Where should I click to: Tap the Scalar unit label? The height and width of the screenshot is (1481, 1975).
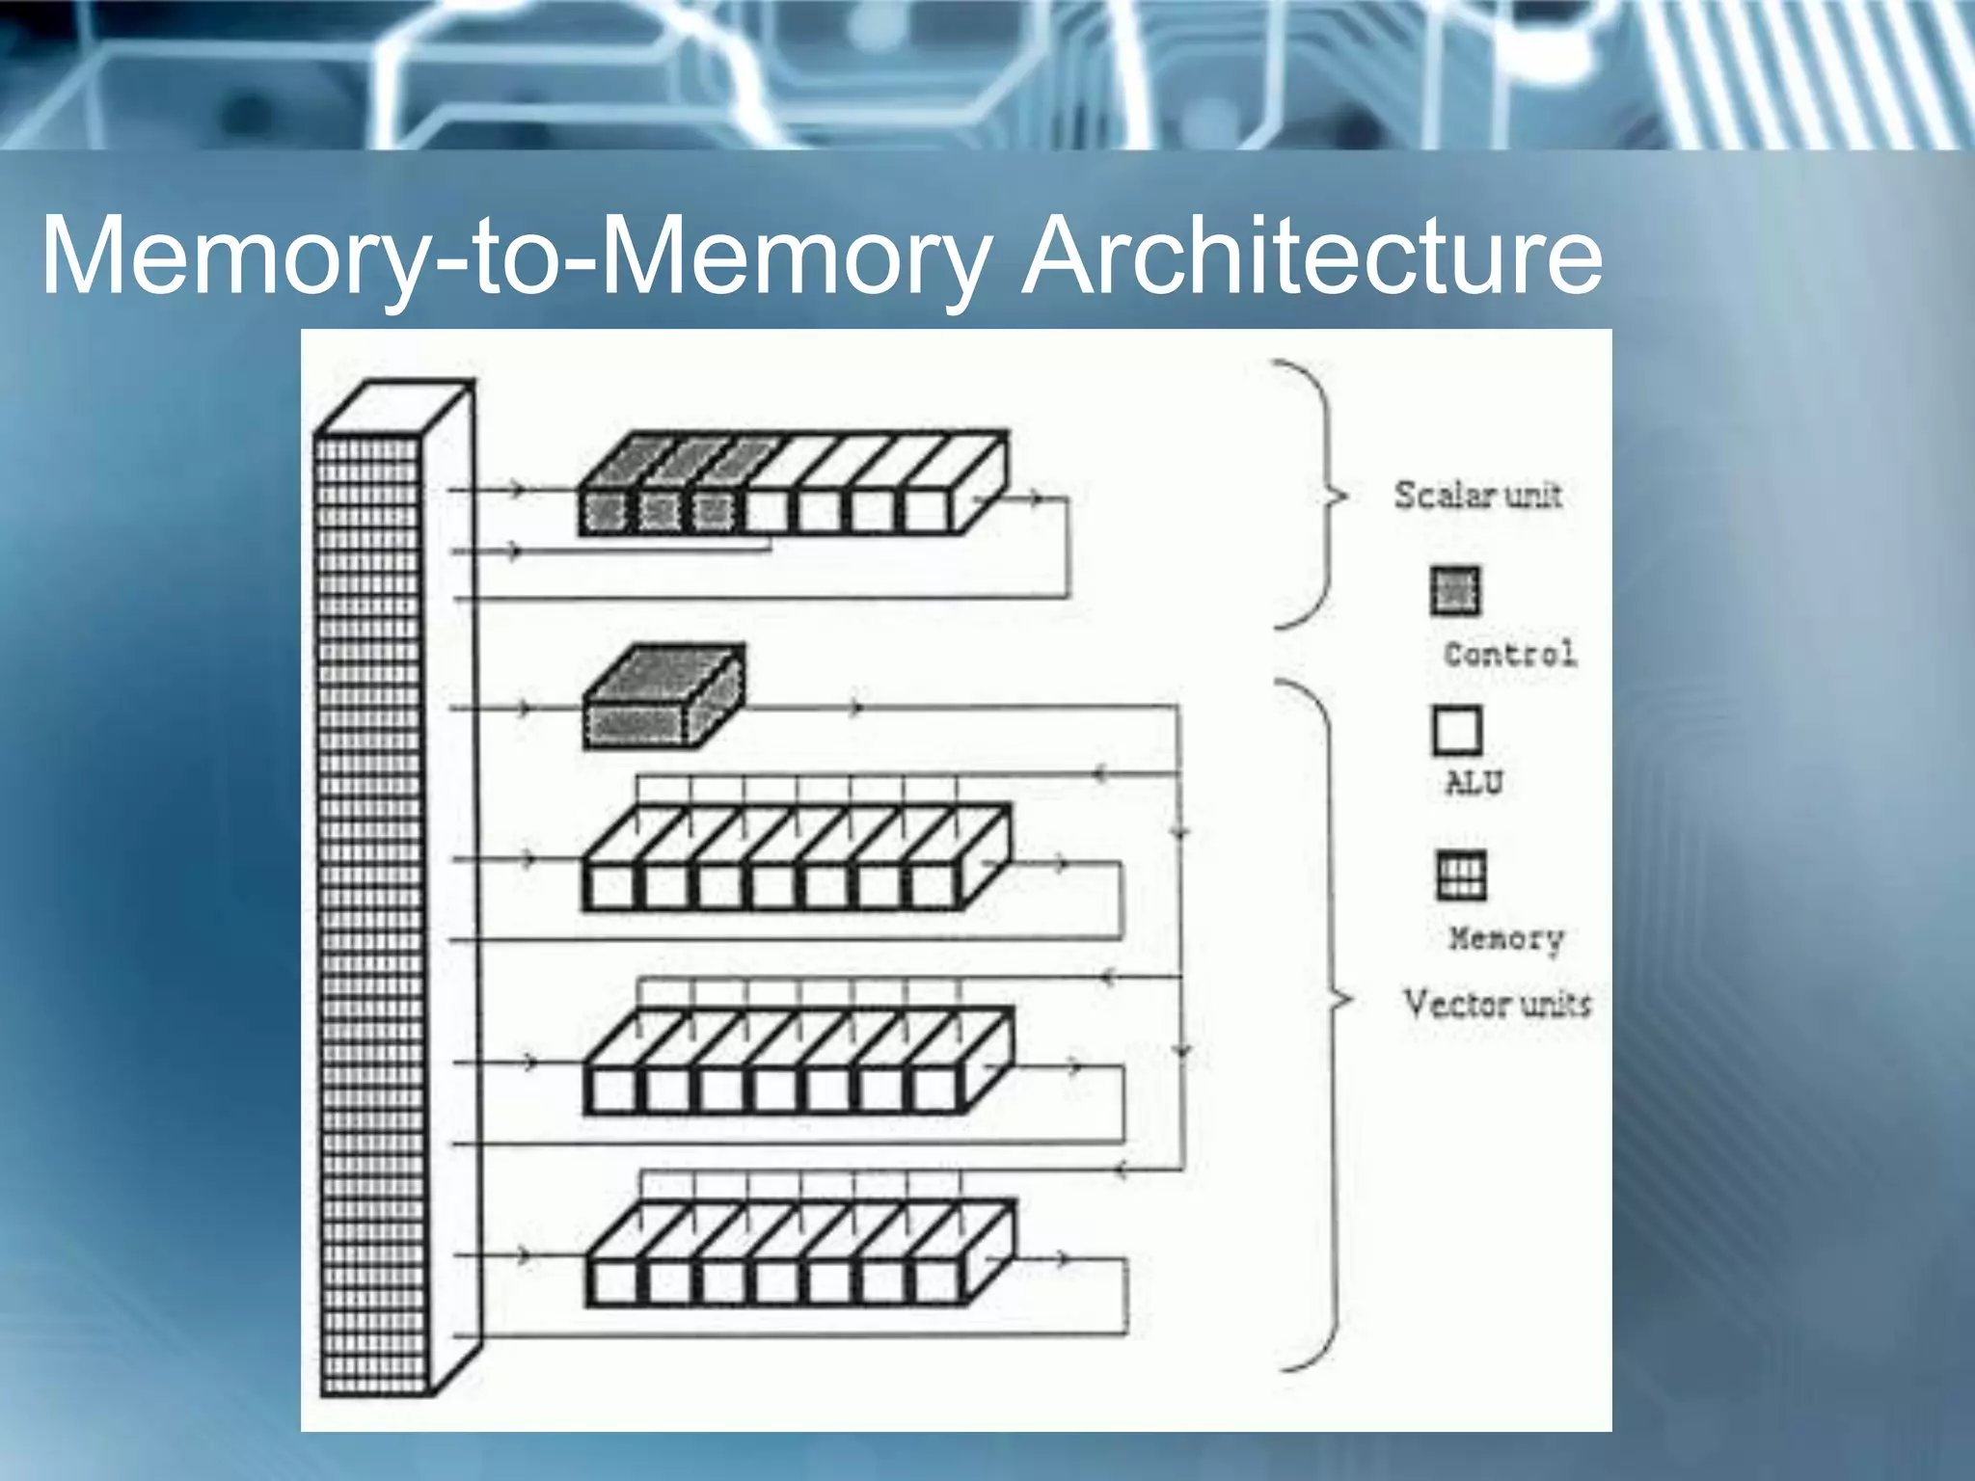pyautogui.click(x=1477, y=496)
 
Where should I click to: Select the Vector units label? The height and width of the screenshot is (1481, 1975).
pyautogui.click(x=1497, y=1005)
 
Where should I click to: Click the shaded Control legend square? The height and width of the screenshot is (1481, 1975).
pyautogui.click(x=1455, y=591)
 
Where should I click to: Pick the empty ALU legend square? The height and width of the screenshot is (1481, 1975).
pyautogui.click(x=1456, y=731)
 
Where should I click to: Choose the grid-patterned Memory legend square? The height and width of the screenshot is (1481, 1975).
pyautogui.click(x=1460, y=875)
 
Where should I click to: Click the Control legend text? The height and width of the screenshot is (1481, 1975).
pyautogui.click(x=1509, y=655)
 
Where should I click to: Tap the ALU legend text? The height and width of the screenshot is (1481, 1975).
pyautogui.click(x=1474, y=783)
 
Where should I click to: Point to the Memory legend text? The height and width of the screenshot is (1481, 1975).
pyautogui.click(x=1505, y=938)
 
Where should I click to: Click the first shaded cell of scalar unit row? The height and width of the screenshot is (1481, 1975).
pyautogui.click(x=605, y=512)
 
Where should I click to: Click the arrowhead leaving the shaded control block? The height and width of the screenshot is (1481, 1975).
pyautogui.click(x=855, y=709)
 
